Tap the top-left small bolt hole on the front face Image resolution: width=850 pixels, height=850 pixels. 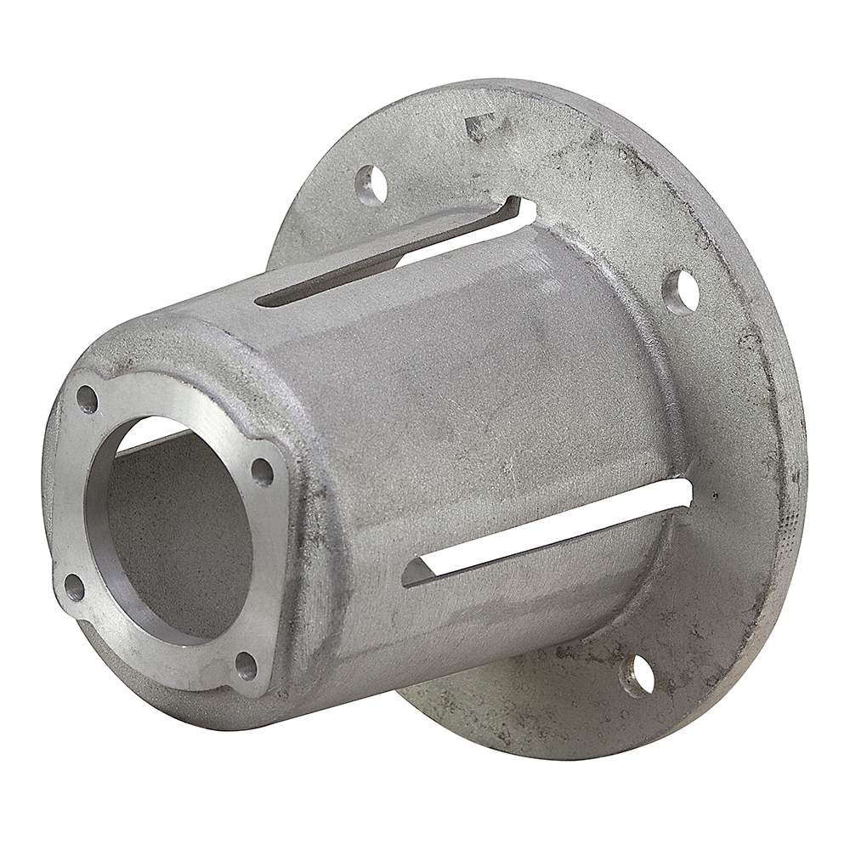click(87, 398)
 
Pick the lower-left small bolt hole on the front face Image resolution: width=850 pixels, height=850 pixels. click(74, 586)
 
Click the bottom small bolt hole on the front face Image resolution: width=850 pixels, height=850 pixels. click(246, 666)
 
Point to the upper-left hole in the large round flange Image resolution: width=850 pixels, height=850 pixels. click(371, 184)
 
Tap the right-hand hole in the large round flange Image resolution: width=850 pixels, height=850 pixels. click(681, 292)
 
